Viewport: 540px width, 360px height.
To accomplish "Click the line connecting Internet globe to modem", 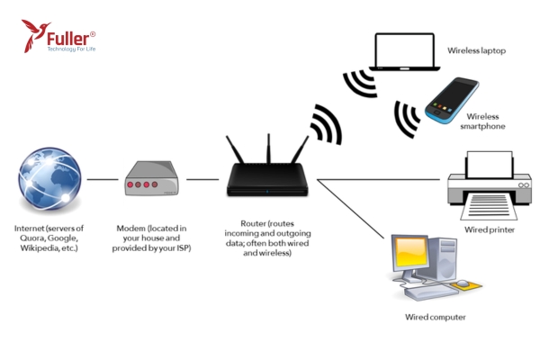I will click(x=103, y=179).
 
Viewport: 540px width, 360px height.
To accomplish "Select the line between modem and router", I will click(x=202, y=179).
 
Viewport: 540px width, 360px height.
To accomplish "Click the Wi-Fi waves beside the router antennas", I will click(x=326, y=123).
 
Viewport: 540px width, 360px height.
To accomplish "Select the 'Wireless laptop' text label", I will click(x=477, y=50).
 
